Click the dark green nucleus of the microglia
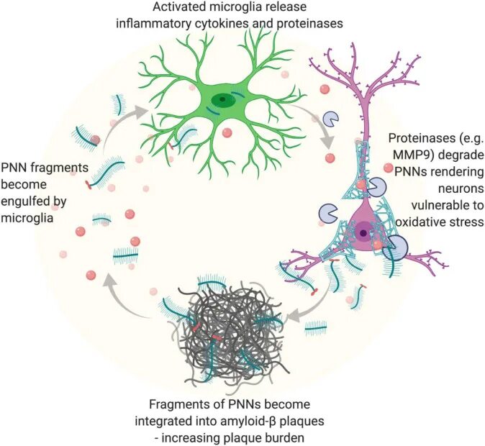point(225,99)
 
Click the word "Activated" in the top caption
point(176,8)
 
